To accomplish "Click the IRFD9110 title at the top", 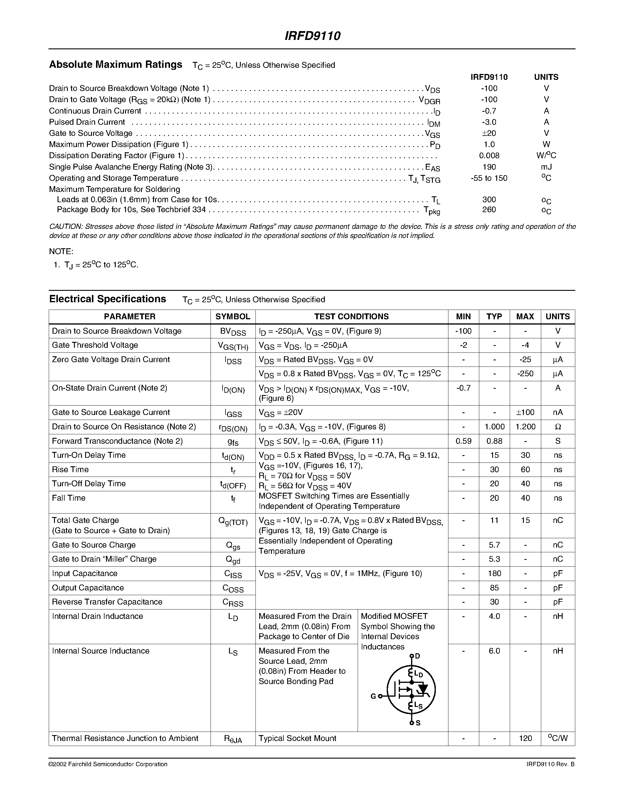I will pos(312,36).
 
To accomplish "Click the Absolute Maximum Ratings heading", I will pos(115,65).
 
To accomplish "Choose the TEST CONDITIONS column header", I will pos(351,317).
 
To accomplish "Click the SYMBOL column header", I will pos(233,317).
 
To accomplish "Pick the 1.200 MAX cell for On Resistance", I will pos(525,427).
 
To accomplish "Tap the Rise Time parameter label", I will pos(70,470).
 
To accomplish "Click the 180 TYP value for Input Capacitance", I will pos(494,573).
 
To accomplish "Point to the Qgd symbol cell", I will pos(233,560).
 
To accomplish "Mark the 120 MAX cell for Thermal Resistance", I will pos(525,738).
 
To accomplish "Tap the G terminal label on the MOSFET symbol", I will pos(373,697).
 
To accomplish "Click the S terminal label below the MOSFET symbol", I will pos(418,723).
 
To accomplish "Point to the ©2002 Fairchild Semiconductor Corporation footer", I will pos(108,764).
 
